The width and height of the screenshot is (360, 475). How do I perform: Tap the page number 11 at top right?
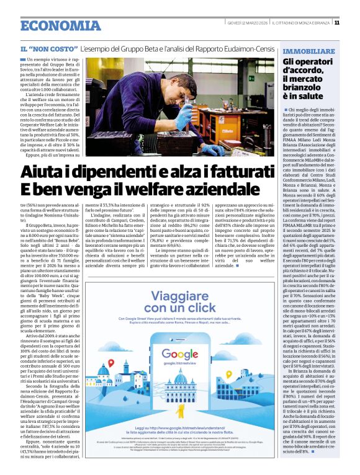[353, 22]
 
